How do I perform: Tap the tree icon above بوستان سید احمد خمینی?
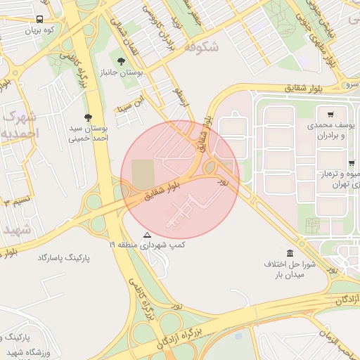(x=88, y=117)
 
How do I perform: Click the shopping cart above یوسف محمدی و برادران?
(x=330, y=114)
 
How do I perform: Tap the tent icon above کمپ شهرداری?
(x=147, y=235)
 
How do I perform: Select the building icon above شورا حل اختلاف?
(x=290, y=253)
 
